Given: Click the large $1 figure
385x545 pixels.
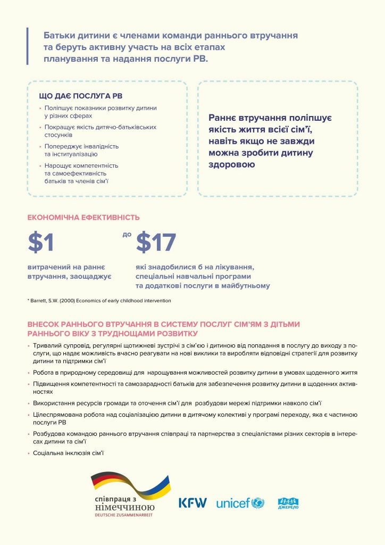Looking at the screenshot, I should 41,242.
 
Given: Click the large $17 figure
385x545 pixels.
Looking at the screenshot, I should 156,242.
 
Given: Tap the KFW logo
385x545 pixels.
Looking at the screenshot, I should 192,502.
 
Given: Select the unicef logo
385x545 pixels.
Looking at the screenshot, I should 240,503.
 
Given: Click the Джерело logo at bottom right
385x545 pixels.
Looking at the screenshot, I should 288,502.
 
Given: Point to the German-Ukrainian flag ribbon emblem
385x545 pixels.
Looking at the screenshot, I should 130,484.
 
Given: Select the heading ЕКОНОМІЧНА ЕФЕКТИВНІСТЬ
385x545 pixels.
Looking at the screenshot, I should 83,217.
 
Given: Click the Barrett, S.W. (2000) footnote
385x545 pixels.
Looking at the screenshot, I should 99,301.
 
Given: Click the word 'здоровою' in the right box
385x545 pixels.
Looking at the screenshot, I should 232,164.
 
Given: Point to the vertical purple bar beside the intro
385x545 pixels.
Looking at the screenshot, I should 27,46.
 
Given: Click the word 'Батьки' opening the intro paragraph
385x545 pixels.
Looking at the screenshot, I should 58,35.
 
